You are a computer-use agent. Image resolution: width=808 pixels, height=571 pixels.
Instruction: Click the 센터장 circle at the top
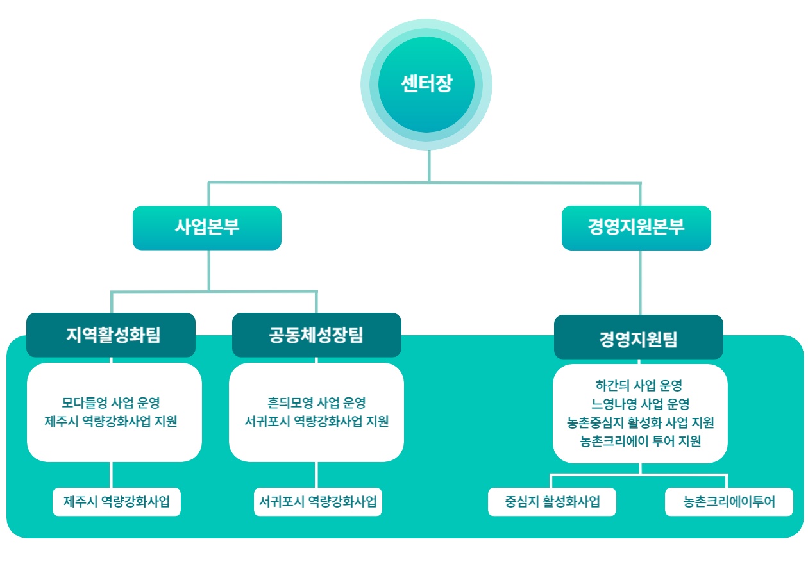(426, 85)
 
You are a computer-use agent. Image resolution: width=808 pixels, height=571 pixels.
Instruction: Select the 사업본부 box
(207, 228)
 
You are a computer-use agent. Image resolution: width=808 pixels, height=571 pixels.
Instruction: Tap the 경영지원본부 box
(636, 228)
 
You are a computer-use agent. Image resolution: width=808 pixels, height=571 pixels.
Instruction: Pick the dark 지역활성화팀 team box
(111, 335)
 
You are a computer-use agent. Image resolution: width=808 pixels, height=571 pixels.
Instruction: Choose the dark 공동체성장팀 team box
(317, 335)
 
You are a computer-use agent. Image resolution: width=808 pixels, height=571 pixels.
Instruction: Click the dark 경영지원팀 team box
(639, 337)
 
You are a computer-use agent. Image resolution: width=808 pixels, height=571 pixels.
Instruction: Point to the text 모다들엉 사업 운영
(111, 402)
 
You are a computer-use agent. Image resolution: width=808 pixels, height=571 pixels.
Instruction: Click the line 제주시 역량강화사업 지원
(111, 421)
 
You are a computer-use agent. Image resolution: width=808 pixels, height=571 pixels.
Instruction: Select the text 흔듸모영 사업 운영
(317, 402)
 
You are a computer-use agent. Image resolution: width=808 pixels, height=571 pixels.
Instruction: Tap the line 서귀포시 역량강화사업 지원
(317, 421)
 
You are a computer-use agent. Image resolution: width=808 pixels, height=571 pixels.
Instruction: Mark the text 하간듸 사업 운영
(639, 385)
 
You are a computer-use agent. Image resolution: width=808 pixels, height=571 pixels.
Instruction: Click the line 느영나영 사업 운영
(640, 404)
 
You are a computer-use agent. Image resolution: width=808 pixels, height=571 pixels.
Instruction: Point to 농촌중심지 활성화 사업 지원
(640, 422)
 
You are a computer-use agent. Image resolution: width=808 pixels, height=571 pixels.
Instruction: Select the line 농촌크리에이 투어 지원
(640, 441)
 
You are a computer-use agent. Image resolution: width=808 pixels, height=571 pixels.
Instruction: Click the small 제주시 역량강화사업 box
(117, 502)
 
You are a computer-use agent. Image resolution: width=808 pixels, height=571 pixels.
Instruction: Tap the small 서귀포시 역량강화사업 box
(318, 502)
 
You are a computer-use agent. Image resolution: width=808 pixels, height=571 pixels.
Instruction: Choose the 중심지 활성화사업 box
(552, 502)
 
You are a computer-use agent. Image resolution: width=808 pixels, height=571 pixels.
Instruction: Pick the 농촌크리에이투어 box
(729, 502)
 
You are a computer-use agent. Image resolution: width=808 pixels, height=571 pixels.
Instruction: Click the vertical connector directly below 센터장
(429, 166)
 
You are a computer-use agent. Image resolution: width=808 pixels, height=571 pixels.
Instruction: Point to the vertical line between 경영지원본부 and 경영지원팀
(640, 283)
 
